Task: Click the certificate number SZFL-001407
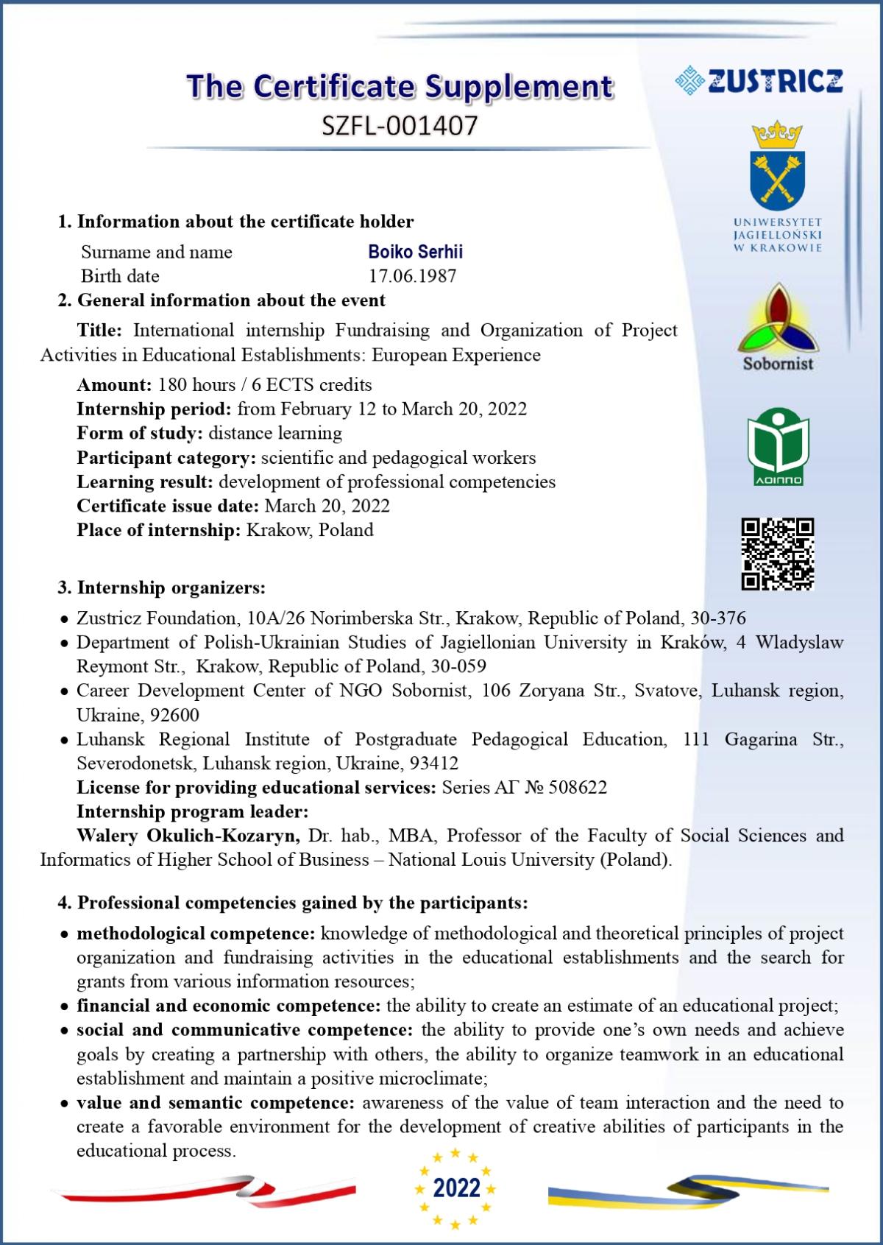pos(400,125)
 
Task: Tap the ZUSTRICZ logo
pos(759,80)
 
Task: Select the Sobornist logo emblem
pos(777,318)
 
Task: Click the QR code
pos(777,554)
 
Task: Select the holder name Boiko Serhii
pos(415,252)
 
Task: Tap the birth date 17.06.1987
pos(412,276)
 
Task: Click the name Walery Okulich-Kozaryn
pos(188,836)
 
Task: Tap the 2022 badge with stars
pos(456,1188)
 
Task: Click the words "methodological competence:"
pos(196,934)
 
